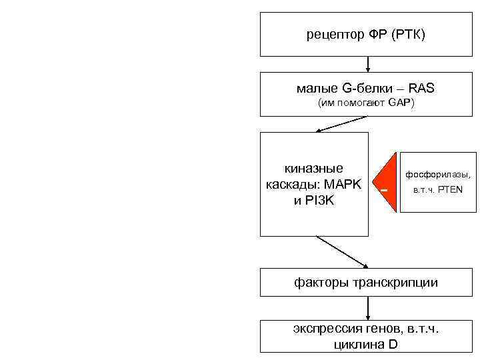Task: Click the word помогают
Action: [x=364, y=103]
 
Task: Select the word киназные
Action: [x=314, y=169]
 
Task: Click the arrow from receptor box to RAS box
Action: [x=368, y=64]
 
